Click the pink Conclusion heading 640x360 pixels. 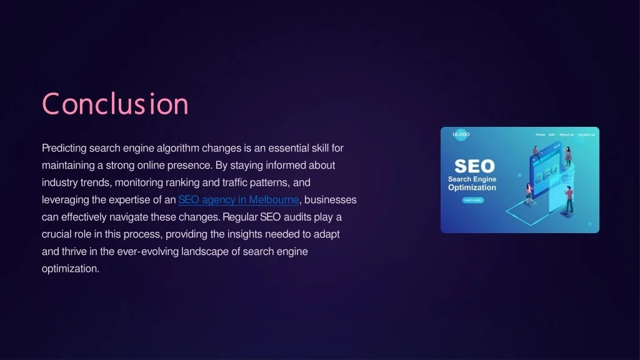tap(115, 104)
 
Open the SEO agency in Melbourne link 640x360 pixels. tap(238, 199)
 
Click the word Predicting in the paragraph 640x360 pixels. tap(64, 148)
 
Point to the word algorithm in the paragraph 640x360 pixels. tap(178, 148)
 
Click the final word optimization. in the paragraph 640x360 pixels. tap(71, 269)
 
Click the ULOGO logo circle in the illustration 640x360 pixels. tap(461, 134)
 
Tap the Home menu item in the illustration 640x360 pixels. tap(540, 135)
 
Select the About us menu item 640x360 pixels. tap(566, 135)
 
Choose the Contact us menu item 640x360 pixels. tap(586, 135)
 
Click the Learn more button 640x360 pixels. tap(472, 200)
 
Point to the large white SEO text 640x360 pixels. tap(474, 166)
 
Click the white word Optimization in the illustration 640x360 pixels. tap(472, 187)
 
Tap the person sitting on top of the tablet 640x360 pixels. tap(536, 154)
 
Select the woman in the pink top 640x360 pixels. tap(529, 194)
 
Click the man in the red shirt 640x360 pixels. tap(569, 200)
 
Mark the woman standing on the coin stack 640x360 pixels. tap(567, 156)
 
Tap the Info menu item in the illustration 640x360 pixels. tap(551, 135)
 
